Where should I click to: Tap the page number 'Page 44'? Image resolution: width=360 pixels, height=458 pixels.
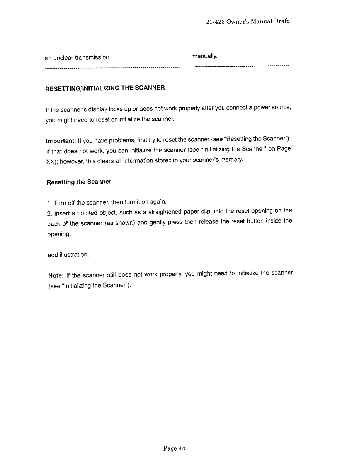point(174,449)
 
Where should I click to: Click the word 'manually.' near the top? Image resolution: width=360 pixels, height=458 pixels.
point(205,56)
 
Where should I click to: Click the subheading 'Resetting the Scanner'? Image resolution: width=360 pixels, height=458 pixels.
point(79,182)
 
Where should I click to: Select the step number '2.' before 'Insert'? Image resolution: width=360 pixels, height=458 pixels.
point(49,213)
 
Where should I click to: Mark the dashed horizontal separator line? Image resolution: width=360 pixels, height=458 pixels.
point(167,67)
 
